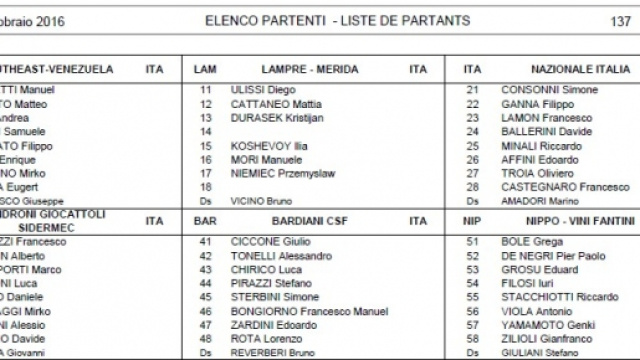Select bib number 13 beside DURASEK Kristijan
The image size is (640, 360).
click(207, 117)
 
